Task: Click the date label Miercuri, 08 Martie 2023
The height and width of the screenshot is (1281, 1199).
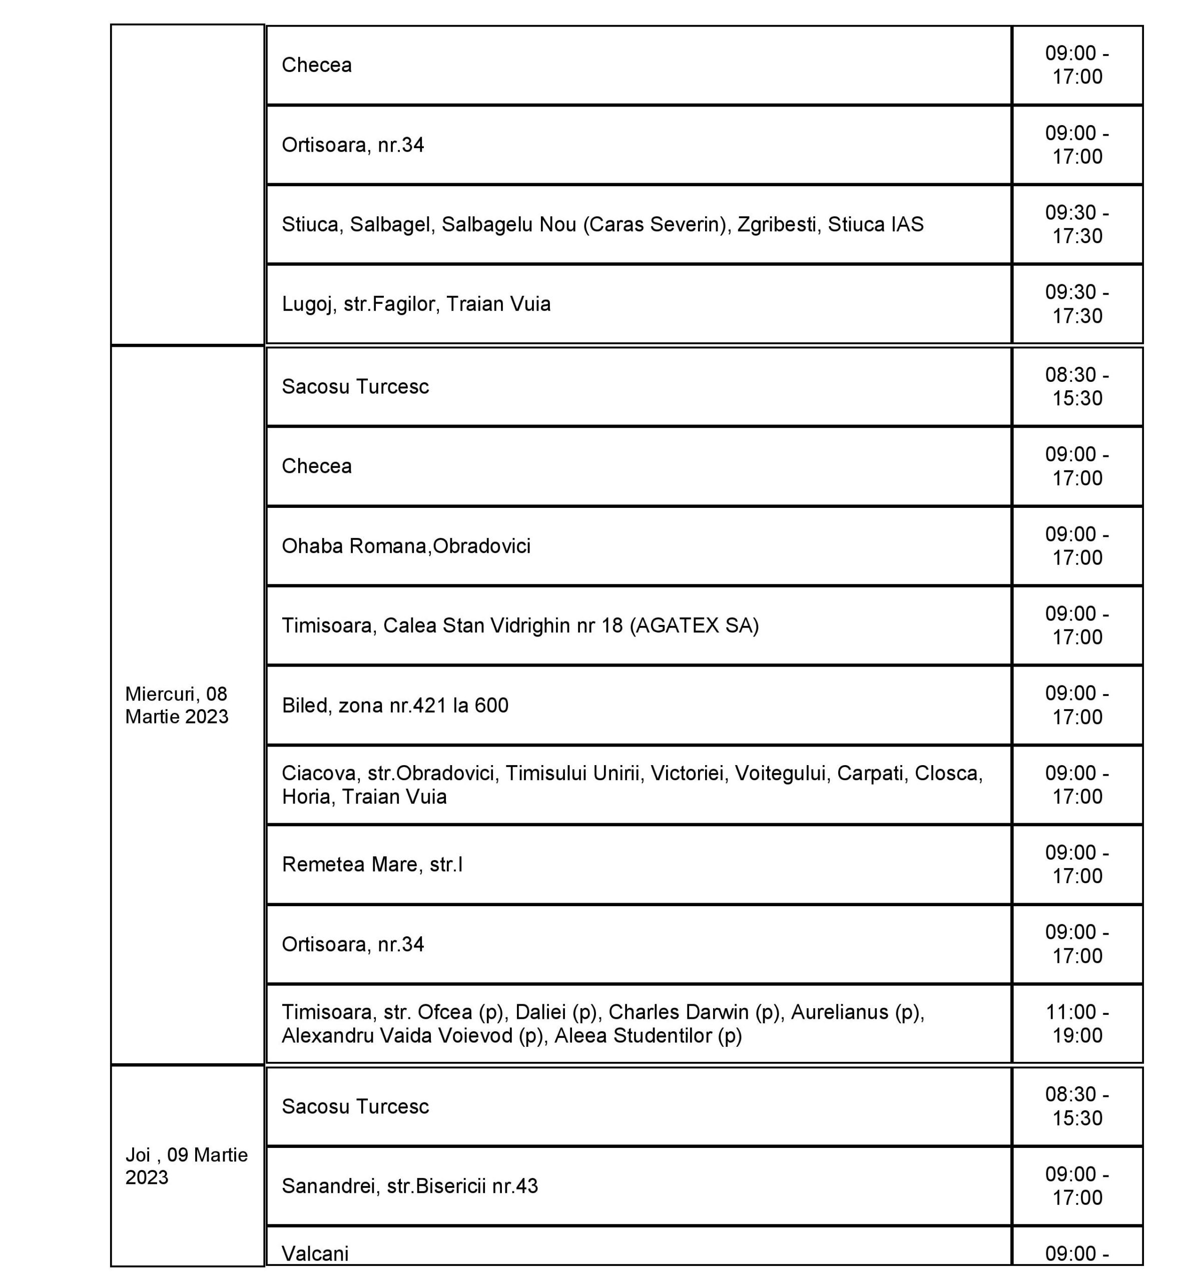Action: pos(177,705)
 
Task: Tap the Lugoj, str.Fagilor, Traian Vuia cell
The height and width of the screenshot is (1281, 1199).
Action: pos(416,304)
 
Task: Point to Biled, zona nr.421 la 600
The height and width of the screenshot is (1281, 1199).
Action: pos(395,706)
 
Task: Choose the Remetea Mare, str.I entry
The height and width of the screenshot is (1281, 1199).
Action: pos(372,865)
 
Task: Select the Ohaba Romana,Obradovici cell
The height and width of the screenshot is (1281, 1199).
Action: pos(406,546)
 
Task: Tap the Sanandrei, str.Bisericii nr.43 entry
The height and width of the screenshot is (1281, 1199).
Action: pos(410,1186)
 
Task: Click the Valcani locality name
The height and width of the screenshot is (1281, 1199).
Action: pos(316,1253)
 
